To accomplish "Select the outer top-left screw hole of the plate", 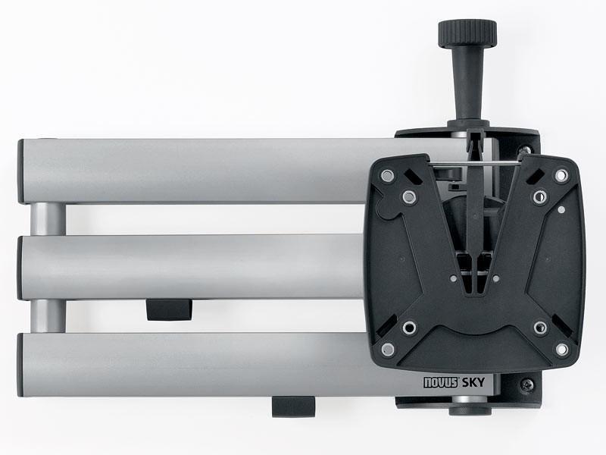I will click(x=388, y=176).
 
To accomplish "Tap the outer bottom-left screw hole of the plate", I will click(x=388, y=350).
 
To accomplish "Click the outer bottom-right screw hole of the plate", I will click(x=561, y=350).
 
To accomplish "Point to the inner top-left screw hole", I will click(x=410, y=197).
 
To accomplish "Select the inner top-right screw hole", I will click(x=539, y=197).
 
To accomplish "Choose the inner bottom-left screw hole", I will click(x=410, y=328).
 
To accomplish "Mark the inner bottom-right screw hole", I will click(x=539, y=328).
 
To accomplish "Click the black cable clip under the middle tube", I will click(x=168, y=309).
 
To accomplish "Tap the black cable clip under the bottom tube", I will click(x=294, y=405).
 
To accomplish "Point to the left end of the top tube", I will click(x=24, y=171).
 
